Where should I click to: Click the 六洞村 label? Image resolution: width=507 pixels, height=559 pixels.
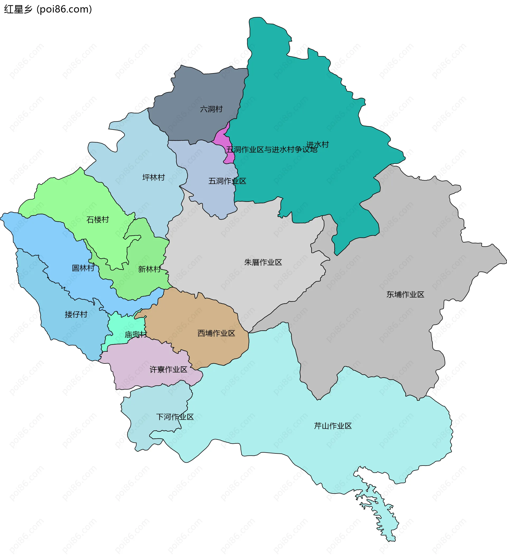click(x=211, y=109)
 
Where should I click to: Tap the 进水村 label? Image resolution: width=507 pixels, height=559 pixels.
click(x=318, y=144)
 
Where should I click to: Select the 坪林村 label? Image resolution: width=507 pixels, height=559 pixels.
click(x=153, y=177)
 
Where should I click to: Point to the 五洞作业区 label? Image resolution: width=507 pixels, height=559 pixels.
click(x=227, y=181)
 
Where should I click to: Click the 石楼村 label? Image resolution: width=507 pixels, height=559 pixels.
click(x=98, y=220)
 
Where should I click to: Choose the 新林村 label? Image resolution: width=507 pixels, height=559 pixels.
click(x=149, y=269)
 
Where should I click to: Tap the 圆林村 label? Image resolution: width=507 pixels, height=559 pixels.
click(x=83, y=268)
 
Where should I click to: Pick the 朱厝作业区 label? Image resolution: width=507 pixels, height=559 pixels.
click(x=263, y=263)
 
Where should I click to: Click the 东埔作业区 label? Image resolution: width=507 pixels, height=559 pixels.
click(x=405, y=295)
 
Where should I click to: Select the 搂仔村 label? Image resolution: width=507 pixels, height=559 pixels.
click(x=76, y=315)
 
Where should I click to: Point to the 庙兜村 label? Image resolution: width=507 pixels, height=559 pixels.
click(x=136, y=335)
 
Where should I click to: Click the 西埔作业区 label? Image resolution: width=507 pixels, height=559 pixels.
click(x=216, y=334)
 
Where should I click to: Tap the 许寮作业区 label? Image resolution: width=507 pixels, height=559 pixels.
click(x=168, y=370)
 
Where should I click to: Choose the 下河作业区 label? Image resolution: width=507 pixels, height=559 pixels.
click(x=175, y=417)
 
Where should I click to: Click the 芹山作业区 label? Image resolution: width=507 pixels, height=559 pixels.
click(x=332, y=426)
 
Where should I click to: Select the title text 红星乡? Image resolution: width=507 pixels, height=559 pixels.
click(x=18, y=10)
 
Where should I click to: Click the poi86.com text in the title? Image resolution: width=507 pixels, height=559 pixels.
click(x=64, y=10)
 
